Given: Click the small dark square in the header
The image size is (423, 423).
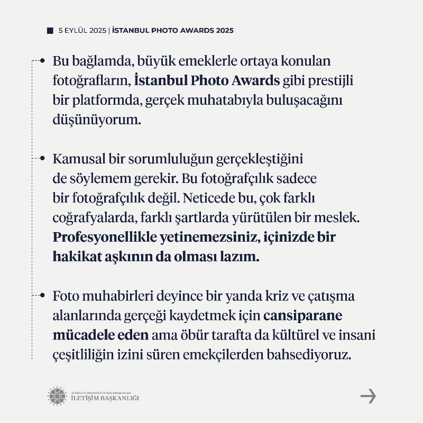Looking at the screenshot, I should [x=50, y=31].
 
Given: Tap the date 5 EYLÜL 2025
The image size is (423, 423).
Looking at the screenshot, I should [x=82, y=31].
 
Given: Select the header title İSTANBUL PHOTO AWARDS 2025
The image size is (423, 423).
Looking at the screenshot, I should [x=172, y=31].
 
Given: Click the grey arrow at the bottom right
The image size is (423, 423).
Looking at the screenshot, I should [x=368, y=396].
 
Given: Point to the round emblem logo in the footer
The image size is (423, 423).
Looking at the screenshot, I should [x=57, y=396].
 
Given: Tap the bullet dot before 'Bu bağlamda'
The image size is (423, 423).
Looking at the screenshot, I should [x=42, y=61].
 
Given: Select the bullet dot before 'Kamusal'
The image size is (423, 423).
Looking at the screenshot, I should [x=42, y=158].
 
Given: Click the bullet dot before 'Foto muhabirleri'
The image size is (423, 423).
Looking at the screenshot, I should [x=42, y=295].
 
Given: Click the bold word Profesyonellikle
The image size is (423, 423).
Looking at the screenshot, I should [x=103, y=237].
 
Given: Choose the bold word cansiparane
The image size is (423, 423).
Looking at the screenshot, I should [x=303, y=315].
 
